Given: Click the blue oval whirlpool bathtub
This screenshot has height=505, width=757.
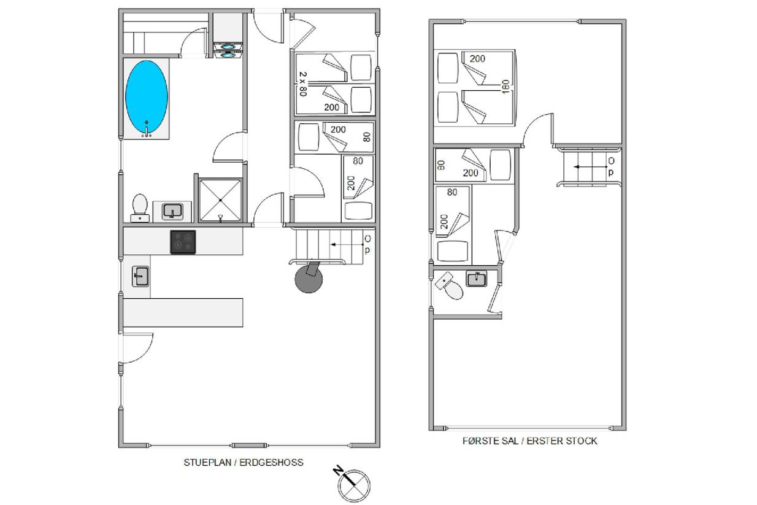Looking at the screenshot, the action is [147, 97].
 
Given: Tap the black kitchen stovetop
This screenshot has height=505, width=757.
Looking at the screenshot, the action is [183, 242].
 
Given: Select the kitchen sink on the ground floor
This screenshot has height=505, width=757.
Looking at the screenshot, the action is [140, 277].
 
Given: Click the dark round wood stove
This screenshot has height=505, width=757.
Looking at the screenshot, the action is [309, 278].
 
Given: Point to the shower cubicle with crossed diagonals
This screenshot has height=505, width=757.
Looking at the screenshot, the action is [220, 201].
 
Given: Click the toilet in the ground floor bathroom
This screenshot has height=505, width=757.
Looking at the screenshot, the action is [140, 208].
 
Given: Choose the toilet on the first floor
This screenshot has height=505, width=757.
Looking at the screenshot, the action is [450, 285].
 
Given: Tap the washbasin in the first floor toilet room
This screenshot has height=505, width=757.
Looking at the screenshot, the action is [477, 279].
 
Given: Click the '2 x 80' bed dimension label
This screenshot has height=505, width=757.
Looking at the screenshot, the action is [303, 84].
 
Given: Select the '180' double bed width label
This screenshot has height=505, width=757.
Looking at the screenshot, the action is [505, 87].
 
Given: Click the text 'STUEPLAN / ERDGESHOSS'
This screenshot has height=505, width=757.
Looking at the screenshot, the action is [244, 463].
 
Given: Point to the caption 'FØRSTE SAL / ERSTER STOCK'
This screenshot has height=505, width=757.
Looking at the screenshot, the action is [529, 441].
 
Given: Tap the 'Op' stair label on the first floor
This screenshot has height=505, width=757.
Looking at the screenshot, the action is [611, 167].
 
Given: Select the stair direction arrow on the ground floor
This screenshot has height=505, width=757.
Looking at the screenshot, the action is [347, 244].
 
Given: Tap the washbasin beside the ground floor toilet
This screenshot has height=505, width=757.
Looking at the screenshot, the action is [172, 212].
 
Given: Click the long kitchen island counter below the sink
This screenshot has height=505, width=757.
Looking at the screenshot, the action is [183, 313].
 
